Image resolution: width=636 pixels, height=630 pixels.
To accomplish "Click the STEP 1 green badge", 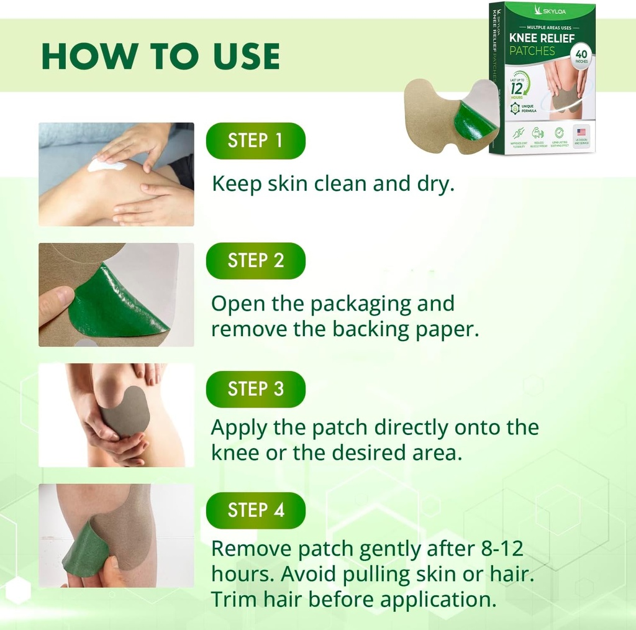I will [x=255, y=140].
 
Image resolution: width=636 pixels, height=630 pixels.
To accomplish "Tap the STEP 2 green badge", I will [x=255, y=260].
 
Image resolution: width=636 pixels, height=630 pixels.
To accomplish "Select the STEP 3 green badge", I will [x=255, y=389].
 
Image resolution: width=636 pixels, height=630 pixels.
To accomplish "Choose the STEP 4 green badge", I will [x=255, y=510].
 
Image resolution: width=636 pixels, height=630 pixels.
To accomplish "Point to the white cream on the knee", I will [x=102, y=164].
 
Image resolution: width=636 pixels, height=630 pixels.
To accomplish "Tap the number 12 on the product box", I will [x=517, y=88].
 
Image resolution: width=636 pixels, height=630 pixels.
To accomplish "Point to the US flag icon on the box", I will [x=581, y=132].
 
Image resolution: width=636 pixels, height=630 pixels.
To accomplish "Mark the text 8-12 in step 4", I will [x=497, y=549].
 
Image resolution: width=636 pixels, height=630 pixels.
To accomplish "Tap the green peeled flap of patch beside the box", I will [x=473, y=121].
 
